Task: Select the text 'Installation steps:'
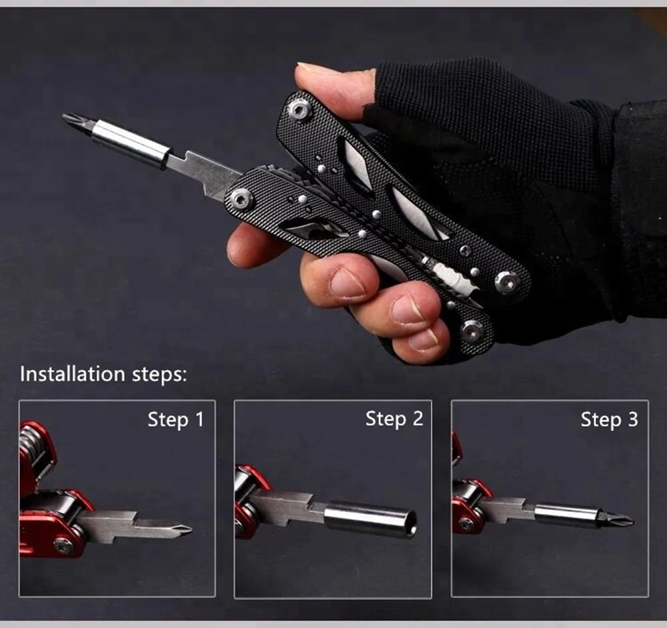[103, 373]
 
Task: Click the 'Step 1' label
[175, 419]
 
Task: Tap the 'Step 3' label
[609, 419]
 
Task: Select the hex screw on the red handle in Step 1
[63, 545]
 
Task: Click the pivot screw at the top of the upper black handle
[299, 109]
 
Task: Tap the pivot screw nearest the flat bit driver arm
[241, 198]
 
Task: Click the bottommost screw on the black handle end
[472, 330]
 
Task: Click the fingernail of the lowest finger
[424, 340]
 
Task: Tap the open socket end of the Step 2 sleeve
[411, 522]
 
